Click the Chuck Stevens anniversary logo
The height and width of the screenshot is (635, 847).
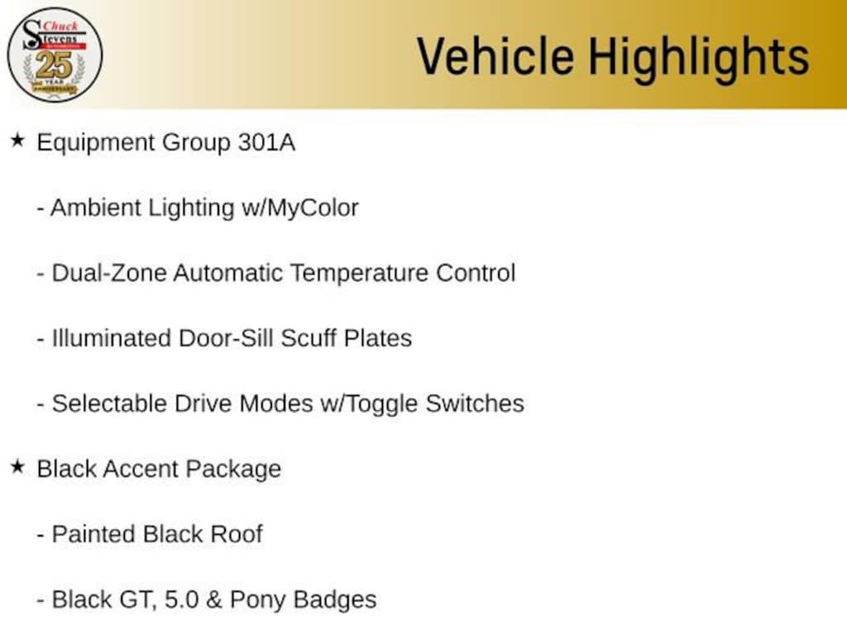tap(55, 55)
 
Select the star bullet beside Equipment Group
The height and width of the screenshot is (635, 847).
tap(17, 141)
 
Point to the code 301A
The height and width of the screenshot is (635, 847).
tap(266, 143)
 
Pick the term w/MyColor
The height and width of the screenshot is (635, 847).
tap(299, 208)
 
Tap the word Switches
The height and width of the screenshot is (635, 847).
tap(475, 403)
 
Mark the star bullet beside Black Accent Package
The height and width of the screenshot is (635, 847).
tap(17, 467)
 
